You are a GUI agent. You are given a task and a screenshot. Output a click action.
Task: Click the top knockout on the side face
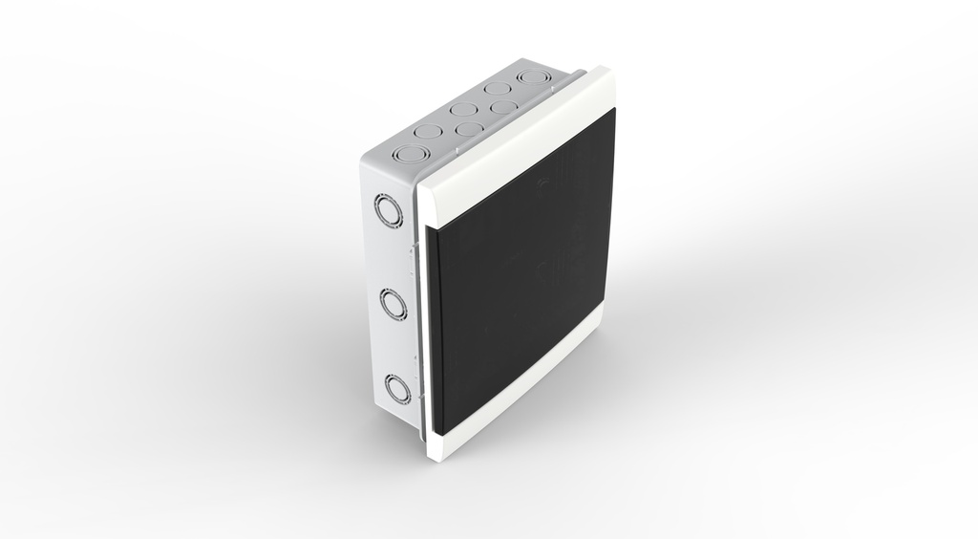pos(389,210)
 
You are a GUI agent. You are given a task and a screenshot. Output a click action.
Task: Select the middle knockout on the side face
pos(393,304)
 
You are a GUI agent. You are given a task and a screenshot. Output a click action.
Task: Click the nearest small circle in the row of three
pos(429,130)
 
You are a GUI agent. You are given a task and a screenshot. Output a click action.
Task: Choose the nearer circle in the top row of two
pos(467,129)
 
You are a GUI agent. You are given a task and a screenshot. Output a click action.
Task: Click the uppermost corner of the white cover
pos(604,69)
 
